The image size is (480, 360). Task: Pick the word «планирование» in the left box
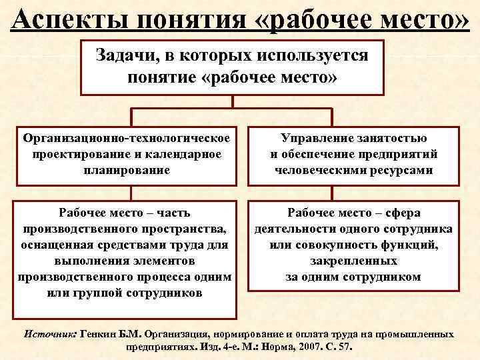(x=127, y=170)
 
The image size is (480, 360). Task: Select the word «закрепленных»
(x=353, y=261)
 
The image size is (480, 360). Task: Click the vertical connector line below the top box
(x=232, y=103)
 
